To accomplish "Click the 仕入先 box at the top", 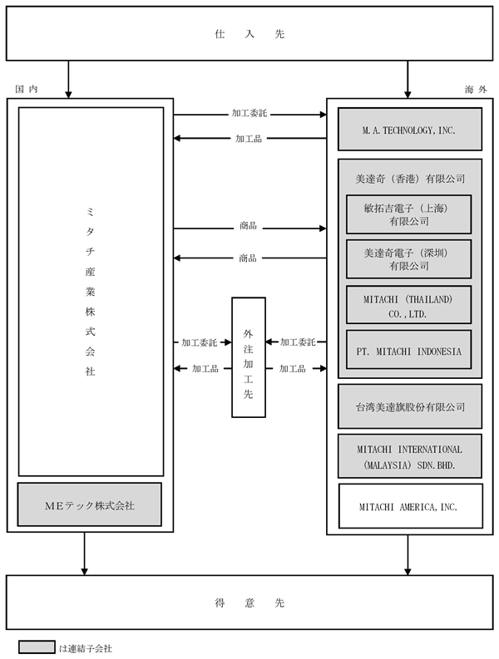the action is (249, 33).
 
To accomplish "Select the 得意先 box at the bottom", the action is (249, 602).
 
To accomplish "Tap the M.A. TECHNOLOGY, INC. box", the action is (410, 129).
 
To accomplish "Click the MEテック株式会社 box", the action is (90, 504).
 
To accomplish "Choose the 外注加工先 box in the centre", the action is (249, 357).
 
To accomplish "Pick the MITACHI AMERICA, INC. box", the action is (411, 506).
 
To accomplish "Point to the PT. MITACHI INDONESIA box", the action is (408, 350).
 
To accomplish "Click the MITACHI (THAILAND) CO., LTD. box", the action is (408, 305).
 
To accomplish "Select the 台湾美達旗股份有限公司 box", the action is (410, 406).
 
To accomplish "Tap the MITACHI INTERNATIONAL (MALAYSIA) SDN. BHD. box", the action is (410, 456).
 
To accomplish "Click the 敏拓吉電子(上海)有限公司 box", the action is (408, 214).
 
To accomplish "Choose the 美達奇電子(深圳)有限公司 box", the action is (408, 259).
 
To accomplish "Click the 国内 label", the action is (27, 89).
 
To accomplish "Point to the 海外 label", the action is (476, 89).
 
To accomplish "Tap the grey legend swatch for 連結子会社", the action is (37, 647).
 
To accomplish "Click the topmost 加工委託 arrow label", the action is (249, 113).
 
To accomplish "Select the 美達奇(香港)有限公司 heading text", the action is (410, 179).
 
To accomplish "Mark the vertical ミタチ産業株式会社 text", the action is (90, 291).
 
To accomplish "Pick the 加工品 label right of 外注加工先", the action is (293, 369).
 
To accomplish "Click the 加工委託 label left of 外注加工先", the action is (199, 342).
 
